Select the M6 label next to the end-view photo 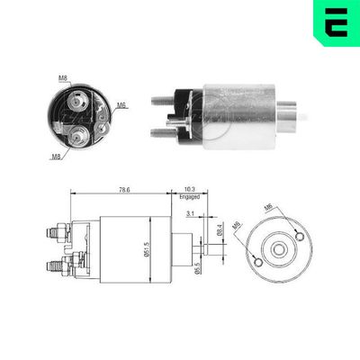(x=121, y=106)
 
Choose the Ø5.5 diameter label (x=198, y=270)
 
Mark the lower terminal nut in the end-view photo (x=79, y=137)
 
